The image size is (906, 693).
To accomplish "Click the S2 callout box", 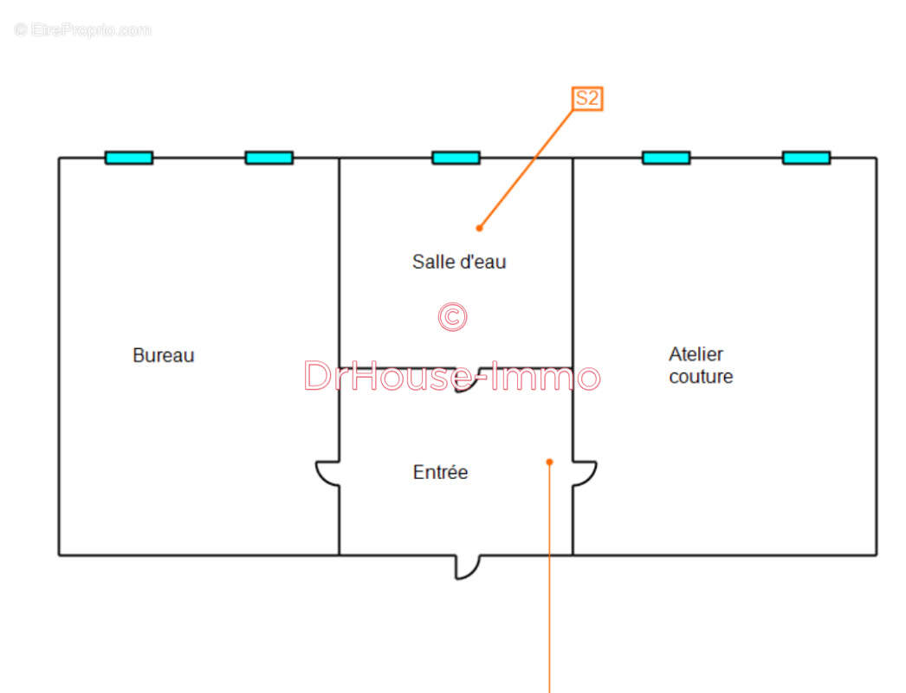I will (587, 98).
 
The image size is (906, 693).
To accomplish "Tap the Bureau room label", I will (163, 355).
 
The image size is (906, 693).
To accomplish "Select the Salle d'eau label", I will (458, 261).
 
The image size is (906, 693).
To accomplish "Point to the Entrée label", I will (440, 472).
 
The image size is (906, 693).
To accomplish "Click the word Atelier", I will (696, 353).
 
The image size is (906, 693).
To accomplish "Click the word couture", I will (701, 377).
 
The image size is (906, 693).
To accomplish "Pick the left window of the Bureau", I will (129, 158).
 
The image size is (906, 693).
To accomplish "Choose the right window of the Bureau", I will (269, 158).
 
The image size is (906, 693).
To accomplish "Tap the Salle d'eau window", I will (456, 158).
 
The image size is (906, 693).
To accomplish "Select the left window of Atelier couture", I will (666, 158).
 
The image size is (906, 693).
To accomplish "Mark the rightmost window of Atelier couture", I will (806, 158).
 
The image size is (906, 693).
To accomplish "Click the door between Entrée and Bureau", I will (327, 473).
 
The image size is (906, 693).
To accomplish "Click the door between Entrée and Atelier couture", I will (585, 473).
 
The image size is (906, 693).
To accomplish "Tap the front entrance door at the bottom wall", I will (467, 567).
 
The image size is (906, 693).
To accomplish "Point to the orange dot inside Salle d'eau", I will (479, 228).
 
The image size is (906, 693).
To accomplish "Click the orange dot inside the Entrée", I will (549, 462).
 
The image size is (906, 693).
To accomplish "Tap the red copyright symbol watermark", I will (452, 317).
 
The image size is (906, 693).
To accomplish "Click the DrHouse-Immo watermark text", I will (451, 377).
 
